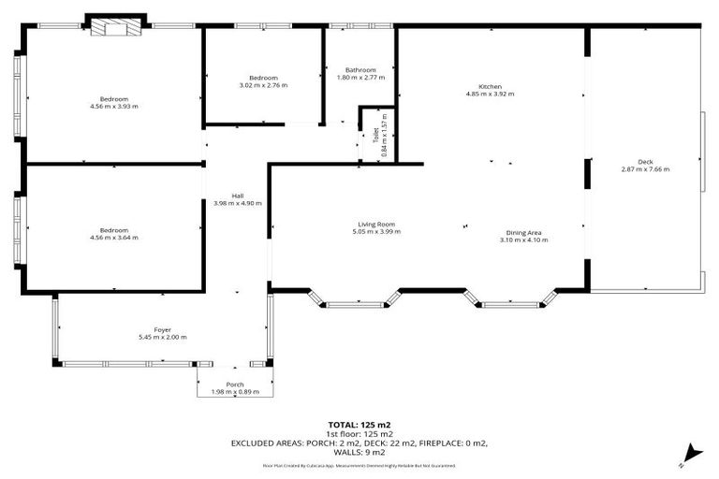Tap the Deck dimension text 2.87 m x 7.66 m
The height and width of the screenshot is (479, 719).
click(645, 169)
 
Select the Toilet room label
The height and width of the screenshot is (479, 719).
click(376, 136)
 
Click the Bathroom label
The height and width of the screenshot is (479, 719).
click(360, 70)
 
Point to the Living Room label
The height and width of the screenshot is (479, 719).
click(378, 224)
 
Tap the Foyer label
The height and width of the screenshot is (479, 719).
click(163, 329)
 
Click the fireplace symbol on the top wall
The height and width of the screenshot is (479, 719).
click(115, 27)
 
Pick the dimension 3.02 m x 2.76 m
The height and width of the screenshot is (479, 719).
click(263, 85)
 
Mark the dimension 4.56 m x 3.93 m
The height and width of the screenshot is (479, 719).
click(114, 107)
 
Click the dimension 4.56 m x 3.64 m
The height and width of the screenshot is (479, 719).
click(114, 238)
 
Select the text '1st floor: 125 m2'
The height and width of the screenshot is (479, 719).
click(359, 434)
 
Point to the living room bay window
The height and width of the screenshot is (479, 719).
click(355, 301)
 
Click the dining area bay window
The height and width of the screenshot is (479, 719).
click(511, 301)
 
